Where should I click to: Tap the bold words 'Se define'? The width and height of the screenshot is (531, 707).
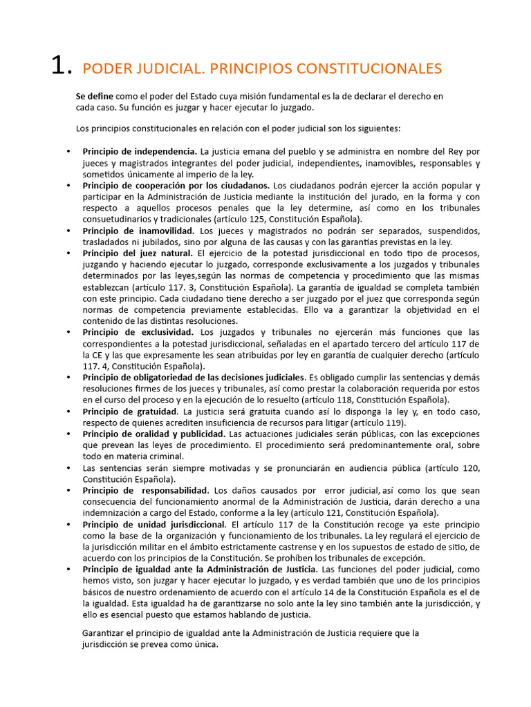click(95, 97)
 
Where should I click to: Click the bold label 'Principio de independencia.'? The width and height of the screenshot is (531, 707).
click(140, 151)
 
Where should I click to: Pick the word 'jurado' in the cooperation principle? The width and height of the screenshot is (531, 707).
click(395, 196)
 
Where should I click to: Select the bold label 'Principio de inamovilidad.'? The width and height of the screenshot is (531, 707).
click(138, 231)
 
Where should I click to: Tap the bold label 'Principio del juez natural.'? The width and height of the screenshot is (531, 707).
click(138, 253)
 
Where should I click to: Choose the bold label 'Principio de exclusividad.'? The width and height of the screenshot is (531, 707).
click(138, 332)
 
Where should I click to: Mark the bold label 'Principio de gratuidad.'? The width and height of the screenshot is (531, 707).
click(131, 411)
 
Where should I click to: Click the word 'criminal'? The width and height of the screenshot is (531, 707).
click(164, 456)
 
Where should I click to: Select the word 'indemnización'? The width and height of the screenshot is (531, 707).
click(111, 513)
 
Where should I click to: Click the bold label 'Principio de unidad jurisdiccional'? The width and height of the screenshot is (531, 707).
click(154, 525)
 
